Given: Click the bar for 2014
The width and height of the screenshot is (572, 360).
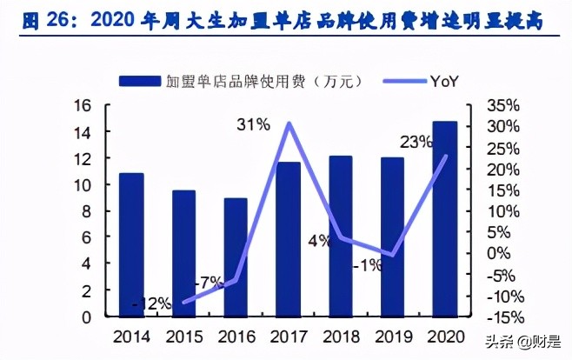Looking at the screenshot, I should pyautogui.click(x=131, y=245).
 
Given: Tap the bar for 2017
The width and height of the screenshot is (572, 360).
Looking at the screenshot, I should pyautogui.click(x=288, y=239).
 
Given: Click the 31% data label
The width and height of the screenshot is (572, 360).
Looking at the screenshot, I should pyautogui.click(x=252, y=125).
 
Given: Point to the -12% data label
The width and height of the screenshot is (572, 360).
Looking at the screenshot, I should pyautogui.click(x=151, y=304).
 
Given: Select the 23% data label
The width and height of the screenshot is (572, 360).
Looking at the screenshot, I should pyautogui.click(x=416, y=142).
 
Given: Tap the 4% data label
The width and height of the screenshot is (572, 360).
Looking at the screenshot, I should pyautogui.click(x=318, y=241).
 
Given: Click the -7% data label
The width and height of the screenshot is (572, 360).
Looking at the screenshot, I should pyautogui.click(x=210, y=282).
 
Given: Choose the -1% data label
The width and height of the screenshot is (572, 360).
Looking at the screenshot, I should pyautogui.click(x=367, y=265).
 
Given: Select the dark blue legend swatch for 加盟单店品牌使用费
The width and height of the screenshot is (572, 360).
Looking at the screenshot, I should pyautogui.click(x=140, y=82).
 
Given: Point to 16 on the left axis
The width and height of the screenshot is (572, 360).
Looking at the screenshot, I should pyautogui.click(x=83, y=105).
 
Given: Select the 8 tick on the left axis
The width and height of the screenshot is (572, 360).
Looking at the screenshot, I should pyautogui.click(x=87, y=211).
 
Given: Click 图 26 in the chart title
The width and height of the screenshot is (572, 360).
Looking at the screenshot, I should pyautogui.click(x=41, y=20).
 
